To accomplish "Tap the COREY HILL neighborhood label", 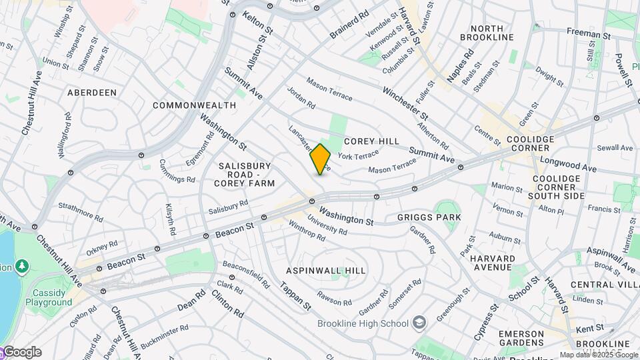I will (x=372, y=141).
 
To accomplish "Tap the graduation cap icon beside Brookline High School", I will (x=419, y=324).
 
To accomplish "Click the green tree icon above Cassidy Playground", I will (x=23, y=266).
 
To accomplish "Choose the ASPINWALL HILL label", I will (x=326, y=271).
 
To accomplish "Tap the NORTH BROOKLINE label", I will (x=501, y=33).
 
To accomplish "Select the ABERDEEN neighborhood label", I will (x=92, y=93).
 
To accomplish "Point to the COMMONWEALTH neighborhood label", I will (x=194, y=105).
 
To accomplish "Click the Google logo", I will (x=21, y=352).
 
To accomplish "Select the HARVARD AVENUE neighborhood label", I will (x=492, y=263).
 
